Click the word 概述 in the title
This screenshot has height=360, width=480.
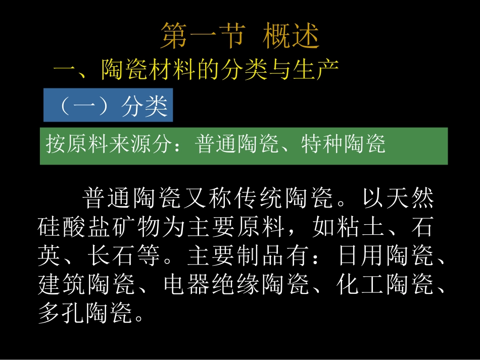pos(292,36)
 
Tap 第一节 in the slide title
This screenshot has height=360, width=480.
pos(203,36)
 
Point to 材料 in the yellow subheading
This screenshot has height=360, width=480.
pos(172,71)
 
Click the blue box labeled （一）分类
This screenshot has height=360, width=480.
pos(108,106)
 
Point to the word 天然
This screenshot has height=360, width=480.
pos(408,198)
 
